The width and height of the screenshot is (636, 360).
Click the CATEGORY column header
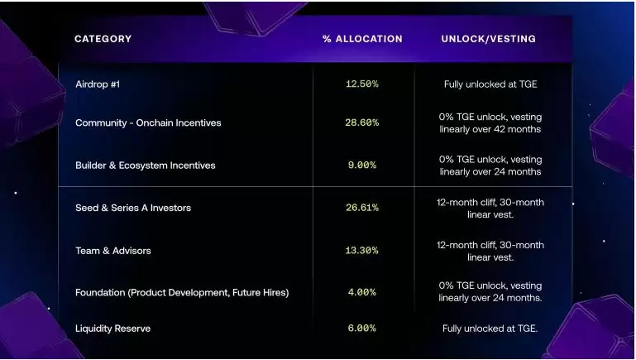[x=103, y=39]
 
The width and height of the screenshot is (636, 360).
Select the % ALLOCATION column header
[x=362, y=39]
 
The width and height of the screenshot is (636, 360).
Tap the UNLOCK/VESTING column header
[x=488, y=39]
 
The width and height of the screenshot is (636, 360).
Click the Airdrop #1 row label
[x=98, y=84]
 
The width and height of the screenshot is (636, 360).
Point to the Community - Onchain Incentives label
[x=148, y=122]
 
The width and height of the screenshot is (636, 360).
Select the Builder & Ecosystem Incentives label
[x=145, y=166]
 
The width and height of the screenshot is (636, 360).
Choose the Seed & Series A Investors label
[x=133, y=208]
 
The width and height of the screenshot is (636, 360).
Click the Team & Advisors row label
[x=113, y=251]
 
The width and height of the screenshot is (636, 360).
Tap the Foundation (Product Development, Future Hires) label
[x=182, y=292]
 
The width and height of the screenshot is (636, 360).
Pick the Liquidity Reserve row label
[x=112, y=329]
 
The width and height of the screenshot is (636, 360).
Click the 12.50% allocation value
[x=361, y=84]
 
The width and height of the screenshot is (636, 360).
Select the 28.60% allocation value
[x=361, y=122]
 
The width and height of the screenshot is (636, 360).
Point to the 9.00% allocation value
[x=361, y=166]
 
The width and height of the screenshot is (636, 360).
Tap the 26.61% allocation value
[x=361, y=208]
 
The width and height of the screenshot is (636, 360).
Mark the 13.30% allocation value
[x=361, y=251]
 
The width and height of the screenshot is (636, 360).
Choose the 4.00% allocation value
[x=361, y=292]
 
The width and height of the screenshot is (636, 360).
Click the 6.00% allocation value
[x=361, y=329]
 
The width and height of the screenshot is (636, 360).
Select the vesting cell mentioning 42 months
[x=490, y=122]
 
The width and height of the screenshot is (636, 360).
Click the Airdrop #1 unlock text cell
[x=490, y=84]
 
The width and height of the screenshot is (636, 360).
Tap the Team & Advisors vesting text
[x=490, y=251]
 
